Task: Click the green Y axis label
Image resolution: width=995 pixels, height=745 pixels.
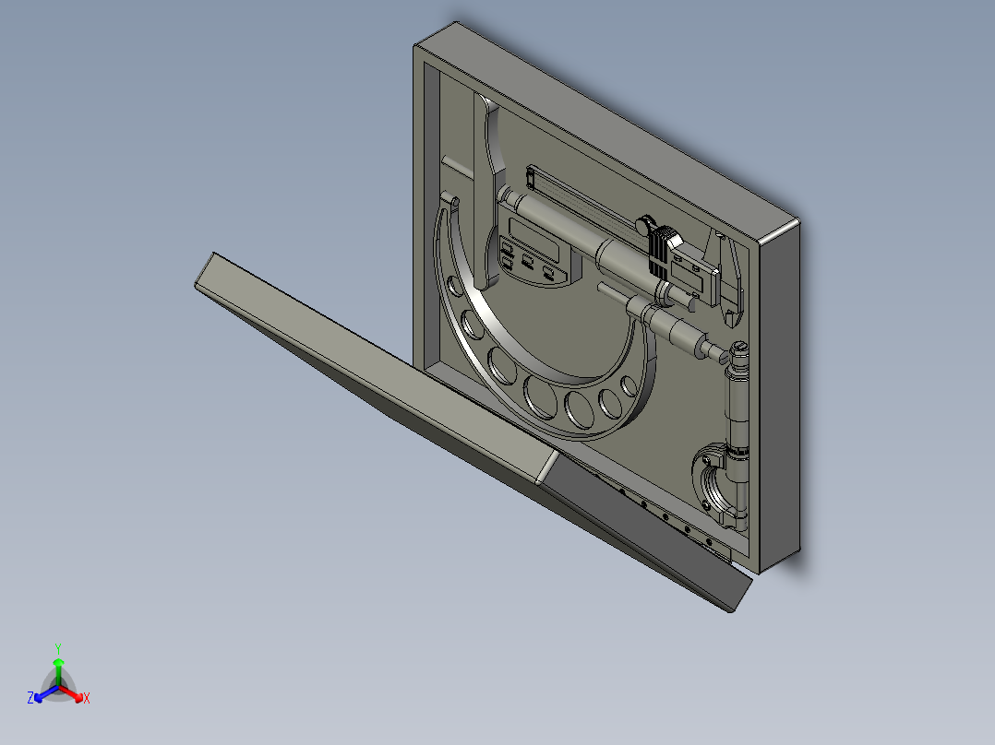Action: [x=58, y=647]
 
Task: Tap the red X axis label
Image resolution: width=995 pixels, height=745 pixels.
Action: [x=87, y=699]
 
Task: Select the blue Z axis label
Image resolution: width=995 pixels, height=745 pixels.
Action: [x=30, y=699]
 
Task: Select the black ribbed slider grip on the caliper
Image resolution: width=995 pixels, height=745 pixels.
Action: [x=659, y=251]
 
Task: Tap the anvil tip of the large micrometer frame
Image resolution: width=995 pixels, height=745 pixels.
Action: [x=451, y=200]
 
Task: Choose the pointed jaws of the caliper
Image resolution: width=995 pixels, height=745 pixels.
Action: [x=729, y=277]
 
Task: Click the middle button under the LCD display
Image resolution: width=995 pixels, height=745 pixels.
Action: [x=527, y=264]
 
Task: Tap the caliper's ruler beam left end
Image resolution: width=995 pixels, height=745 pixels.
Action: [x=533, y=172]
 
